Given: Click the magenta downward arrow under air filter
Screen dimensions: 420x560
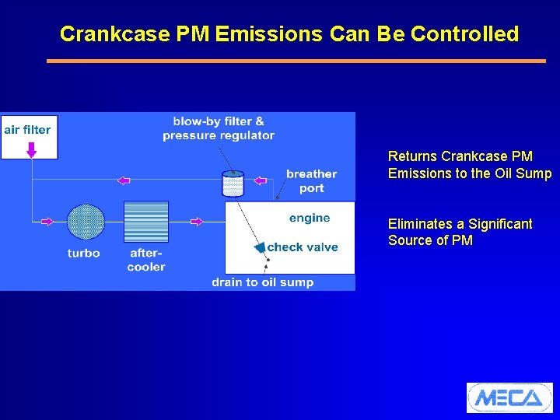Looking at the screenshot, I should [31, 148].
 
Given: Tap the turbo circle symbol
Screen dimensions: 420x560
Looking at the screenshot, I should [86, 222].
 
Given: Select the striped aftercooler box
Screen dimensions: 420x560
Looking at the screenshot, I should [146, 222].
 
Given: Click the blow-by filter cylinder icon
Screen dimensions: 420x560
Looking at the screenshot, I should [233, 184].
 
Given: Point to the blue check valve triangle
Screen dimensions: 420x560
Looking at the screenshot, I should [259, 247].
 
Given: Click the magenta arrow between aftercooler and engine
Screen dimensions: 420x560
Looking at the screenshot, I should [197, 222].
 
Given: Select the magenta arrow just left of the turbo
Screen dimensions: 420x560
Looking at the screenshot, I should [46, 222].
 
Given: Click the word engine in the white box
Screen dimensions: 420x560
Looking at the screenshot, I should [310, 218].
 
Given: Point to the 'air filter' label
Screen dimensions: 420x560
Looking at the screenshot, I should [27, 129].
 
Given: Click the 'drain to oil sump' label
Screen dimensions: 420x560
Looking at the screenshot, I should [262, 282].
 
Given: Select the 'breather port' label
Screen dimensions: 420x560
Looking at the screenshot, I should [311, 180].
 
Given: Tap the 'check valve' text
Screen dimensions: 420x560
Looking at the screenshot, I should [303, 247].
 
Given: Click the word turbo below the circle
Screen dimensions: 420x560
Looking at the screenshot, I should [83, 253].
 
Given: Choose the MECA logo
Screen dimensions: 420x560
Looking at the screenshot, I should [509, 397].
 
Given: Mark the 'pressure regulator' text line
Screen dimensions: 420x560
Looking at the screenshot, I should [219, 135].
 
